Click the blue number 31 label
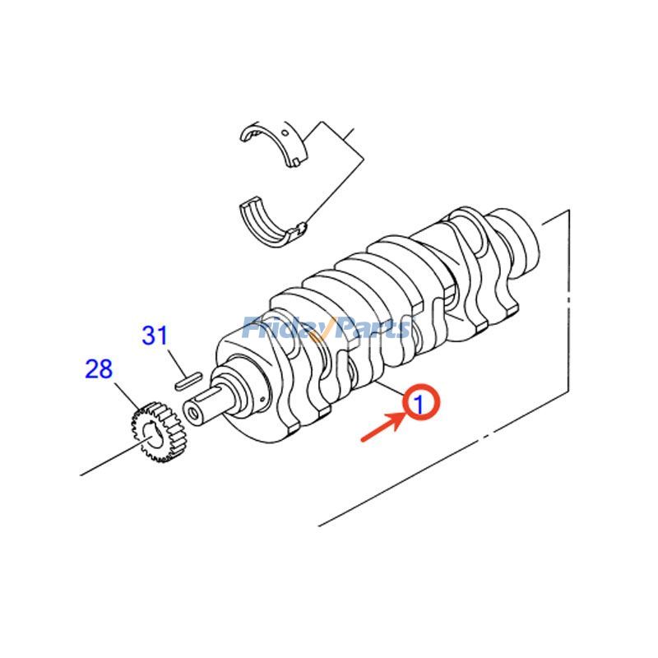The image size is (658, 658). point(155,336)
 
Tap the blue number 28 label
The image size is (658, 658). point(98,368)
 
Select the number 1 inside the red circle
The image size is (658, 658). point(419,404)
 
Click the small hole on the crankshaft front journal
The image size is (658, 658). point(260,401)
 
